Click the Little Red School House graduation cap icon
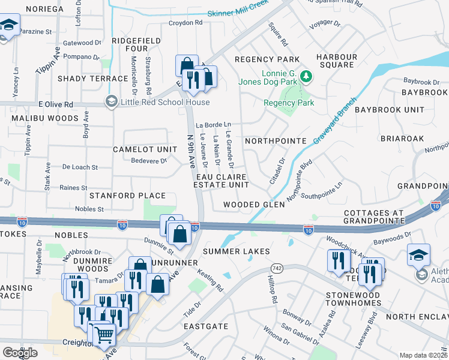(x=110, y=102)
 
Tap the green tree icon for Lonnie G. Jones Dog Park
(x=307, y=76)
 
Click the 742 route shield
(x=276, y=250)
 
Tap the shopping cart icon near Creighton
(x=103, y=334)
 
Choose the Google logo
(x=20, y=352)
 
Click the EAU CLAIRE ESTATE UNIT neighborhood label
(x=221, y=181)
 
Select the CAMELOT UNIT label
(x=145, y=149)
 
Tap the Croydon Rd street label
(x=185, y=23)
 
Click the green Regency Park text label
(x=289, y=103)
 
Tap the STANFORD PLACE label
(x=127, y=196)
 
